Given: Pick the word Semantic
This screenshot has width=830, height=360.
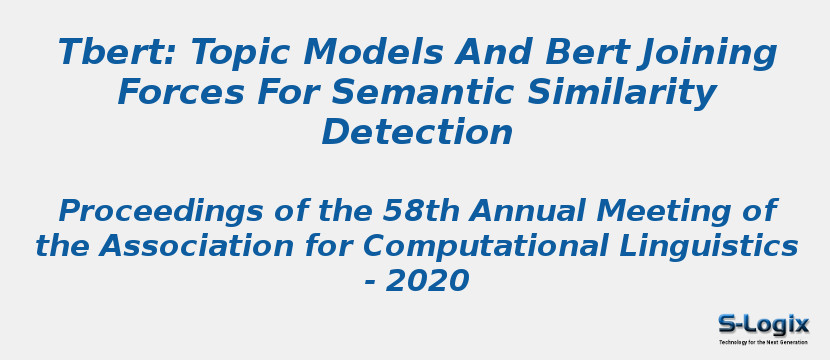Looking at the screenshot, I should click(x=428, y=93).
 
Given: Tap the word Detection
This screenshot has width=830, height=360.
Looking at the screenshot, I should click(x=417, y=133).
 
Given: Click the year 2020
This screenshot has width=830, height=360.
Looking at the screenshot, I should click(x=427, y=282).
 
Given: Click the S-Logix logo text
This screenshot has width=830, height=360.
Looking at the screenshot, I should click(x=763, y=324).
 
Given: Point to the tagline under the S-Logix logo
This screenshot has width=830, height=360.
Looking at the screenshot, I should click(x=763, y=342).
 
